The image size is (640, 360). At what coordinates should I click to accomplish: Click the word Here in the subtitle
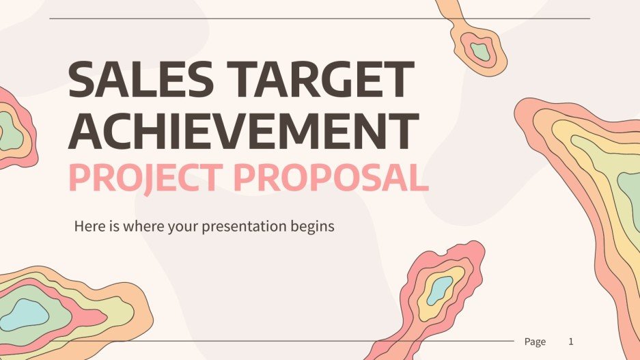point(87,226)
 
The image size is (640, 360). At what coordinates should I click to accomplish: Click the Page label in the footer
point(535,342)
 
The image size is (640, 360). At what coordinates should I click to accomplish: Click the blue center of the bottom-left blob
point(25,312)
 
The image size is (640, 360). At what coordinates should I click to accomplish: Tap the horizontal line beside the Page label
point(273,341)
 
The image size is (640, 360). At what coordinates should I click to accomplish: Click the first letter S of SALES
point(81,81)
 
